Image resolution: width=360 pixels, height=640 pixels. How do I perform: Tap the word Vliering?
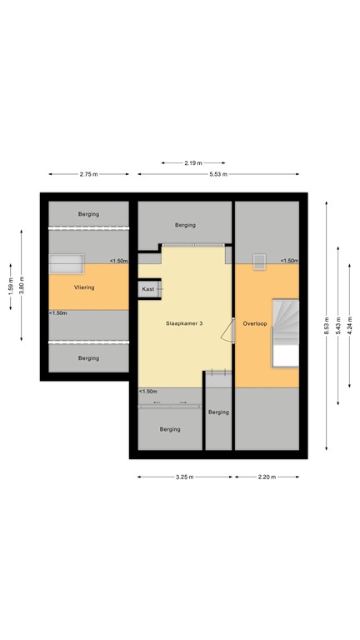(x=83, y=287)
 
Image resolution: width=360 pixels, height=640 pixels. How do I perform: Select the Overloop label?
(x=255, y=323)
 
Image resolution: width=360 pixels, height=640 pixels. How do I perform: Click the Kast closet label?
(x=147, y=288)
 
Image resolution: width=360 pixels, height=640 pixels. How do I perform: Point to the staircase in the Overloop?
(x=286, y=331)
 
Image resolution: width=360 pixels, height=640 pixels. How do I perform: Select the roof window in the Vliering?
(x=66, y=263)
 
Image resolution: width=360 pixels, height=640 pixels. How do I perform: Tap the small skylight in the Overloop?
(x=258, y=261)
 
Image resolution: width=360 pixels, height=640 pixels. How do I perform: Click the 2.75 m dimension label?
(x=88, y=174)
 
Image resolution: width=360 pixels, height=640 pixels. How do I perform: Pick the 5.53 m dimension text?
(x=218, y=174)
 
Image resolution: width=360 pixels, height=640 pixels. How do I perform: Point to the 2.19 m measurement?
(x=192, y=163)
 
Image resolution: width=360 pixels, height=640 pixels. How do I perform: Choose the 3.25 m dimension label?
(x=184, y=477)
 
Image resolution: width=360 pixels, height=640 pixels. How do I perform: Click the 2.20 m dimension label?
(x=266, y=477)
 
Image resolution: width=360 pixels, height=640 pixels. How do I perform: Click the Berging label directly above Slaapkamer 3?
(x=185, y=225)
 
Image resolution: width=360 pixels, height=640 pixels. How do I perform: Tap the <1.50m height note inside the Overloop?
(x=289, y=261)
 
